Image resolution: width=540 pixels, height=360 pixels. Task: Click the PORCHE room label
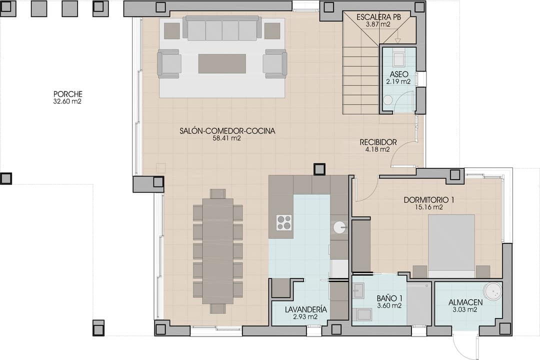(68, 94)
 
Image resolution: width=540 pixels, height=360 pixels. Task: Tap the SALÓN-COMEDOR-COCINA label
(227, 131)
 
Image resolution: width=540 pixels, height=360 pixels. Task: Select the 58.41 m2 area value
(227, 138)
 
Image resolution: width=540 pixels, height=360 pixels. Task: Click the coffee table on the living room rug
(222, 63)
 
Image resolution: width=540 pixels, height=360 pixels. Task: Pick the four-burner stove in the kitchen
(284, 222)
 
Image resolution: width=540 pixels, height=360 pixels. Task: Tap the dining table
(217, 251)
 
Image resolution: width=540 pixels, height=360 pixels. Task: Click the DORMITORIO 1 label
(429, 200)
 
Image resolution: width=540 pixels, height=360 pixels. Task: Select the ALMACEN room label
(465, 302)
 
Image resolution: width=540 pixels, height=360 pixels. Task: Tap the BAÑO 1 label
(389, 298)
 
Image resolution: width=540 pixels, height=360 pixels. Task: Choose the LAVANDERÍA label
(306, 309)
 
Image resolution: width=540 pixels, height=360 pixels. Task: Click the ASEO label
(399, 74)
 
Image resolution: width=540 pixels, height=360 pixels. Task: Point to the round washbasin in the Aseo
(388, 99)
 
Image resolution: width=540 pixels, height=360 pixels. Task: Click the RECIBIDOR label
(378, 142)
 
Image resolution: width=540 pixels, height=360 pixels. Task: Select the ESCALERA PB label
(378, 17)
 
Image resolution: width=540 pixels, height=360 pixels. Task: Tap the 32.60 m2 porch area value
(68, 101)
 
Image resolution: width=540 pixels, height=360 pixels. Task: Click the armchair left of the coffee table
(169, 63)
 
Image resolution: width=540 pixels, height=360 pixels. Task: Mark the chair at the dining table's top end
(217, 193)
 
